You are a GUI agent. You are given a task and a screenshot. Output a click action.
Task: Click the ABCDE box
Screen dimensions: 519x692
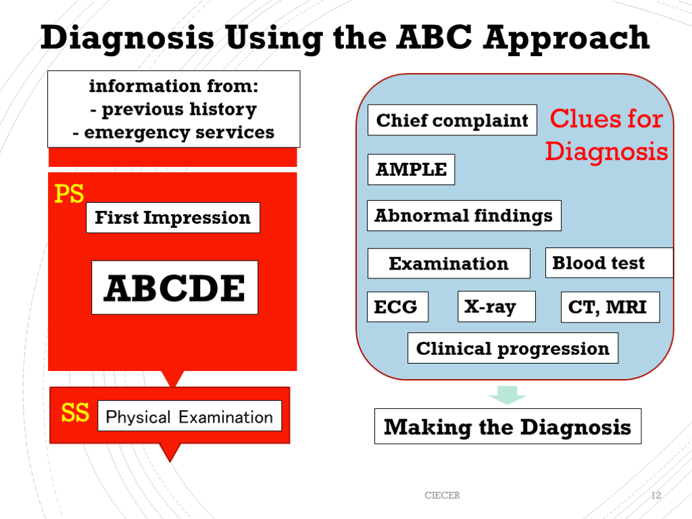(x=174, y=288)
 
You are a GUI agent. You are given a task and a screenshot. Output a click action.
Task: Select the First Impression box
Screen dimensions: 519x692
(x=173, y=218)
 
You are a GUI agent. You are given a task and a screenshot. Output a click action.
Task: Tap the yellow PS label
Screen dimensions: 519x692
(x=69, y=195)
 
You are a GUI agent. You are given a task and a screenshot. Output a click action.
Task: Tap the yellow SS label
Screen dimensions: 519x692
(x=75, y=413)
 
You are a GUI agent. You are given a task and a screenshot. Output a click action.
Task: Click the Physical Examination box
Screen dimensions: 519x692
(x=189, y=417)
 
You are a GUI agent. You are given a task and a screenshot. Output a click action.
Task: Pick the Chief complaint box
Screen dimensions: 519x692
(x=452, y=120)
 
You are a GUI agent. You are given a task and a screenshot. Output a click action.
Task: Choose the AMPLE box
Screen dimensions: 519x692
(x=411, y=170)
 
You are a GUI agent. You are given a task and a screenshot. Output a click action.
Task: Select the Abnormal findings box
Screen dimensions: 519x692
(x=464, y=216)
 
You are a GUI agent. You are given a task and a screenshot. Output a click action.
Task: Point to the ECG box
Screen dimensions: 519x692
(x=397, y=307)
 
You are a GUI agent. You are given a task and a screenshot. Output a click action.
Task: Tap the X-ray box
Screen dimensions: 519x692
(x=496, y=307)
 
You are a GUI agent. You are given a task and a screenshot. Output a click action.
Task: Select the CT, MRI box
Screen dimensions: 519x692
(x=610, y=307)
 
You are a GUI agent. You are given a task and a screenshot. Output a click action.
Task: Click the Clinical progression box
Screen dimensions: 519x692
(x=512, y=348)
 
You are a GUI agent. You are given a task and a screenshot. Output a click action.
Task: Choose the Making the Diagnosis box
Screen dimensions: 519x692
(x=508, y=426)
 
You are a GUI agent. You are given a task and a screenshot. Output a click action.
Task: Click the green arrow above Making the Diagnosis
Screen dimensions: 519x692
(x=507, y=395)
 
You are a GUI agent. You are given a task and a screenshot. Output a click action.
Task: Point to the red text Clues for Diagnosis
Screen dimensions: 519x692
(x=606, y=134)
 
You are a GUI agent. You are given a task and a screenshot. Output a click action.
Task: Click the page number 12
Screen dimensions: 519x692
(x=656, y=495)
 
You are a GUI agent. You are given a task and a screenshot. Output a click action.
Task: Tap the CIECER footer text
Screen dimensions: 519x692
(x=442, y=495)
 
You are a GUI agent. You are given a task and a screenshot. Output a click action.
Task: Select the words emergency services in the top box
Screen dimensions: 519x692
(x=179, y=132)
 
